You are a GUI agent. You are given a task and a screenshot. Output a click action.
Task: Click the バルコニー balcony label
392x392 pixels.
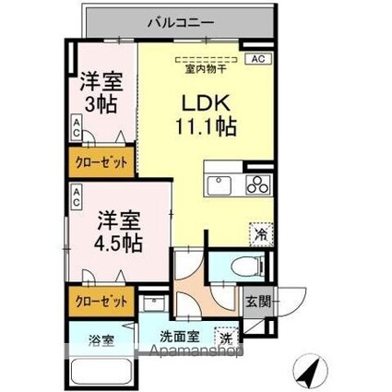(180, 20)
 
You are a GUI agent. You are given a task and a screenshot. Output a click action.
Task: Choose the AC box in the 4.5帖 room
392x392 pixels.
(77, 196)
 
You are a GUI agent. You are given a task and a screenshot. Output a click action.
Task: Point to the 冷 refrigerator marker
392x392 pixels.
(261, 235)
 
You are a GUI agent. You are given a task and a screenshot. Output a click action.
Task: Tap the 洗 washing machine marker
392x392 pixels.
(227, 337)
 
